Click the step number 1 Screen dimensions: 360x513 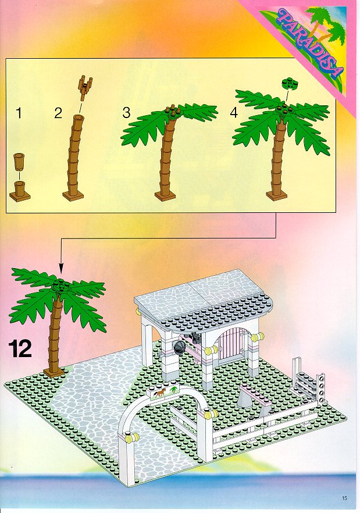point(19,113)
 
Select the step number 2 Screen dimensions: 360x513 point(58,113)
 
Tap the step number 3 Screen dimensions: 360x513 point(126,113)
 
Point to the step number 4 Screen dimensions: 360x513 point(234,113)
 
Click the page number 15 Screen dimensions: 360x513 point(344,498)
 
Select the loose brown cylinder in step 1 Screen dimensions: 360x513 point(19,161)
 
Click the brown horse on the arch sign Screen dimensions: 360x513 point(160,393)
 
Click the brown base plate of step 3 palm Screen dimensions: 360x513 point(165,195)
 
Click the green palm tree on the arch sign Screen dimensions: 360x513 point(173,389)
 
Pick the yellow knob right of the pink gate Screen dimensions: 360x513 point(258,337)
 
